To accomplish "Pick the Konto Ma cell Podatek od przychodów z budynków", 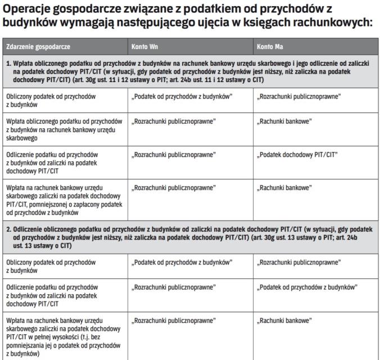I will tap(307, 286).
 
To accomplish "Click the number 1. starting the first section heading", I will tap(9, 63).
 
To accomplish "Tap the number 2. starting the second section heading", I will tap(9, 229).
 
